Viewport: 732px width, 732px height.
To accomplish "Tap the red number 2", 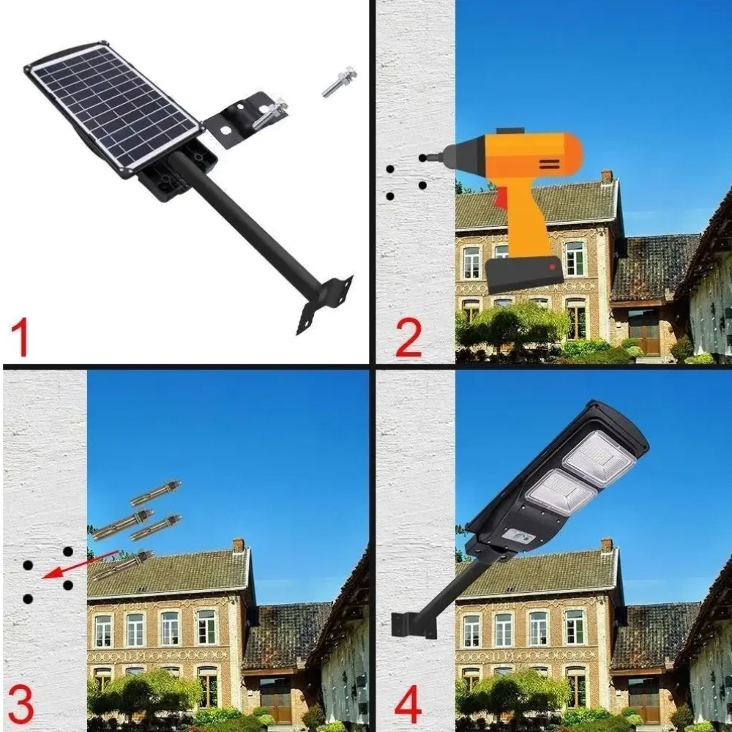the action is (x=408, y=337).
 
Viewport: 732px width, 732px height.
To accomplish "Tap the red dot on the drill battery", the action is (x=552, y=267).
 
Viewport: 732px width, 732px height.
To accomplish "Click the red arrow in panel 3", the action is (x=79, y=565).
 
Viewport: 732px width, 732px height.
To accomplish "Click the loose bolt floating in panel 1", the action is (x=340, y=81).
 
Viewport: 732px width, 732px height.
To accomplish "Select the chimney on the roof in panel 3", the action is (x=239, y=545).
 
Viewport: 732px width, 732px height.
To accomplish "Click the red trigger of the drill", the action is (x=498, y=201).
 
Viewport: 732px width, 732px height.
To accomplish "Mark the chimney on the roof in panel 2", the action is (x=606, y=177).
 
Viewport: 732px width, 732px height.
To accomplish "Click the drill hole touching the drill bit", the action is (x=422, y=158).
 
